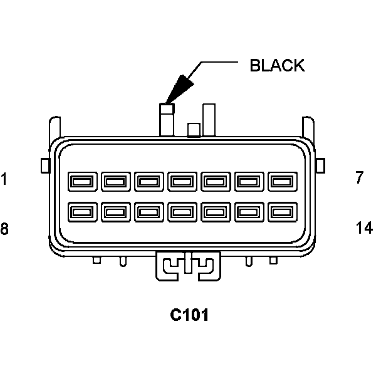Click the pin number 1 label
pos(4,179)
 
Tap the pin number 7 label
pos(359,178)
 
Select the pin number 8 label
pos(4,229)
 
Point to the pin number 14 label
pos(363,228)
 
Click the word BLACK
pos(277,65)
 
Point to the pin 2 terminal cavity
pos(115,182)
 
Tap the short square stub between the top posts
pos(194,130)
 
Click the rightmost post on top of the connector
pos(209,120)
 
